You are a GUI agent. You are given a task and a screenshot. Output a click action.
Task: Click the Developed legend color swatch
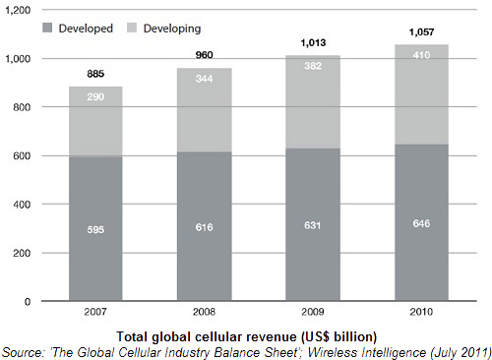point(47,28)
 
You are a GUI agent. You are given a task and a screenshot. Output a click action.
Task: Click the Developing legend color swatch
point(132,28)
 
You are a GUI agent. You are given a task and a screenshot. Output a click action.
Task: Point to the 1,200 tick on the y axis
point(18,10)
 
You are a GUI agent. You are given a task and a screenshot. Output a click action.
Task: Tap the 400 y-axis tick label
point(22,205)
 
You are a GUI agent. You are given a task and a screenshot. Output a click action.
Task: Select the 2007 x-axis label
point(95,312)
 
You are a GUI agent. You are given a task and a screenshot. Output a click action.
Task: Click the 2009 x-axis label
point(313,312)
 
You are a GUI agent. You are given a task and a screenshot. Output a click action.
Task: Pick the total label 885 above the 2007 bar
point(95,74)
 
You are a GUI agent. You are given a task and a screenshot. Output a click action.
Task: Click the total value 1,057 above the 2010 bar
point(421,32)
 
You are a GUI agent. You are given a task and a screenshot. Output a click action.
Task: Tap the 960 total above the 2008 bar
point(204,55)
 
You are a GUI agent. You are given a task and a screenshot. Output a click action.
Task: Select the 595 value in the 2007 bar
point(95,230)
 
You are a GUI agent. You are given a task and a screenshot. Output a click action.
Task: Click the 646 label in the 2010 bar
point(421,223)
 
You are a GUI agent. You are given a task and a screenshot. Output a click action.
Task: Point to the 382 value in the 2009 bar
point(313,66)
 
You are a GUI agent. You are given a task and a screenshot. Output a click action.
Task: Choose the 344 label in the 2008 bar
point(204,79)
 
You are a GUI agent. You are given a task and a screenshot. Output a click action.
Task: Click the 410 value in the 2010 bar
point(421,55)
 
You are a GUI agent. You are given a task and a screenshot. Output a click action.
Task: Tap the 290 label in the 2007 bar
point(95,96)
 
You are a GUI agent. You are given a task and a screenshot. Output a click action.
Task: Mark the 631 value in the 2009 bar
point(312,225)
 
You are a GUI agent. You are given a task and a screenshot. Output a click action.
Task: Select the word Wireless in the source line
point(333,353)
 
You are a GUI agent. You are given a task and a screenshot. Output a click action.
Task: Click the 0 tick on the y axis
point(28,302)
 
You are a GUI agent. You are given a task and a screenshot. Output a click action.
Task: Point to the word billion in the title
point(355,337)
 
